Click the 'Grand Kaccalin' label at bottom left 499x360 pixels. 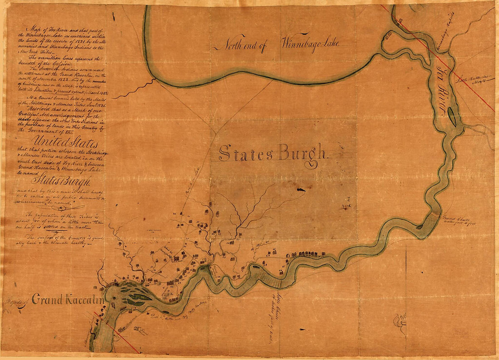[x=68, y=300]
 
